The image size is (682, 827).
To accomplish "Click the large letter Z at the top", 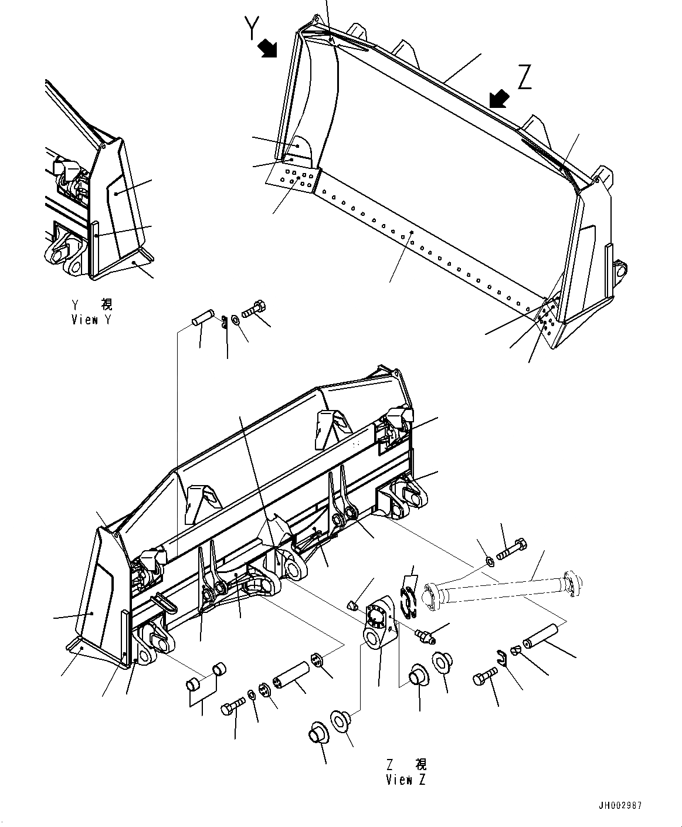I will coord(524,77).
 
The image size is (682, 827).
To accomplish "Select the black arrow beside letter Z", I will coord(498,99).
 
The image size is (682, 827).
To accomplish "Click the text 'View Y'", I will coord(91,320).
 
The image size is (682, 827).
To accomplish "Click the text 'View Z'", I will coord(406,779).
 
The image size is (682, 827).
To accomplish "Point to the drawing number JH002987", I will coord(619,805).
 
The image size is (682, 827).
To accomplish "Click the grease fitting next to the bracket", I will coord(424,636).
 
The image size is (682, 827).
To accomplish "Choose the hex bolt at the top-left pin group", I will coord(253,308).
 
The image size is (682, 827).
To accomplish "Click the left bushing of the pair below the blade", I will coord(192,684).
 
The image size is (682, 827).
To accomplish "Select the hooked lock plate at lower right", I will coord(500,658).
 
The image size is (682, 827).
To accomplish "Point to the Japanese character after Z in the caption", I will coord(421,765).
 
